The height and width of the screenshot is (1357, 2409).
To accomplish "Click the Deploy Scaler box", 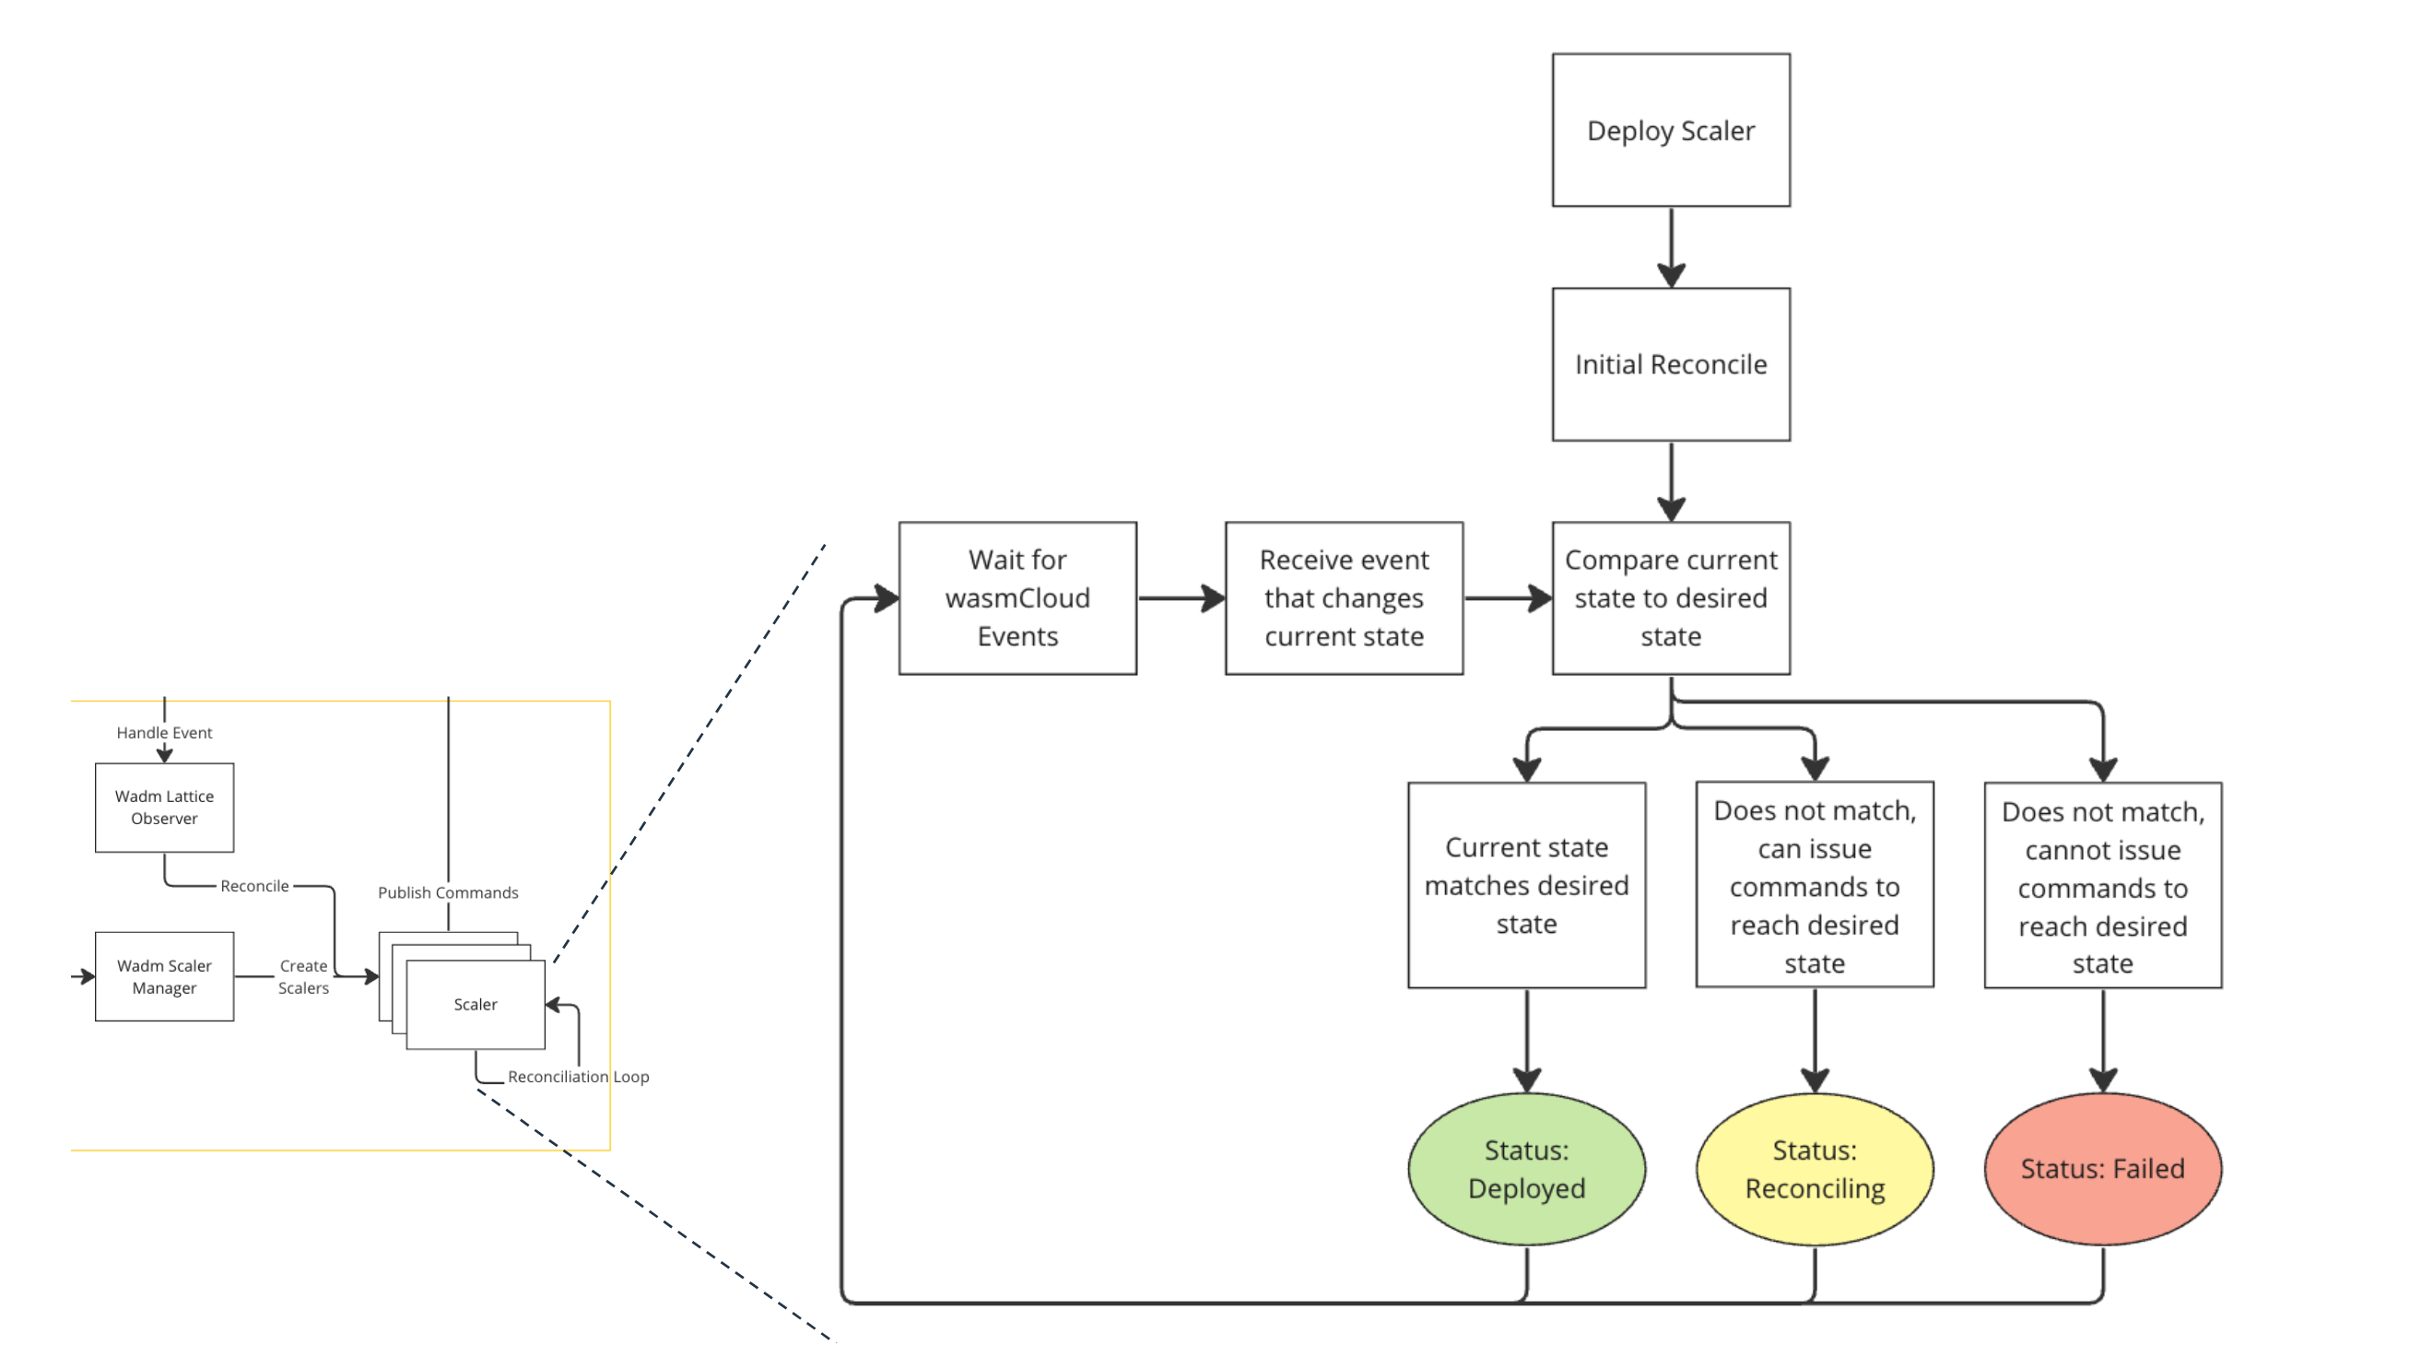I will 1670,130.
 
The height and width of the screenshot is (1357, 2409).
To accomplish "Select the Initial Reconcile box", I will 1670,364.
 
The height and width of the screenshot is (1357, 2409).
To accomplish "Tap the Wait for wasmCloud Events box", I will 1016,597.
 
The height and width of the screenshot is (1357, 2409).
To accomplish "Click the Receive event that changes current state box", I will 1343,597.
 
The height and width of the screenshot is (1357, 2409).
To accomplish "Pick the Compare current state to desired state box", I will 1670,597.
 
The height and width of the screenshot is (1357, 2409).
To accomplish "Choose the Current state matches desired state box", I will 1525,885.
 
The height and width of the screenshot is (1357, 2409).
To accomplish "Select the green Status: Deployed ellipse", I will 1525,1168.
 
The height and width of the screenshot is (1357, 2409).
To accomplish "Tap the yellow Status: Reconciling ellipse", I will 1815,1168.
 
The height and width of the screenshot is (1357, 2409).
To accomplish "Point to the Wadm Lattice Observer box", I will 165,807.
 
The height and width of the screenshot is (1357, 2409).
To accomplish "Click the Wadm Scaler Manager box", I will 165,976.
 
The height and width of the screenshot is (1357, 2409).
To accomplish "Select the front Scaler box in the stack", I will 475,1005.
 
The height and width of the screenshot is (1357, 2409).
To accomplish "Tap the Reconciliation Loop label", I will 578,1077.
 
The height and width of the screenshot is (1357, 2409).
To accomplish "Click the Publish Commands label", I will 448,892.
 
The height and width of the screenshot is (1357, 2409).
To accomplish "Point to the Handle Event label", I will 165,732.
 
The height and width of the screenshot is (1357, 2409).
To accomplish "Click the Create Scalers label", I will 303,976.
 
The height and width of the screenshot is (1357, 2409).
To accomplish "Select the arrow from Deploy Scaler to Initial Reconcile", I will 1670,246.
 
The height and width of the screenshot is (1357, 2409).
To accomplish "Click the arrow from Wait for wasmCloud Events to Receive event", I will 1181,597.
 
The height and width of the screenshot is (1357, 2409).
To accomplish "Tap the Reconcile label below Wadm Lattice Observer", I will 254,886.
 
